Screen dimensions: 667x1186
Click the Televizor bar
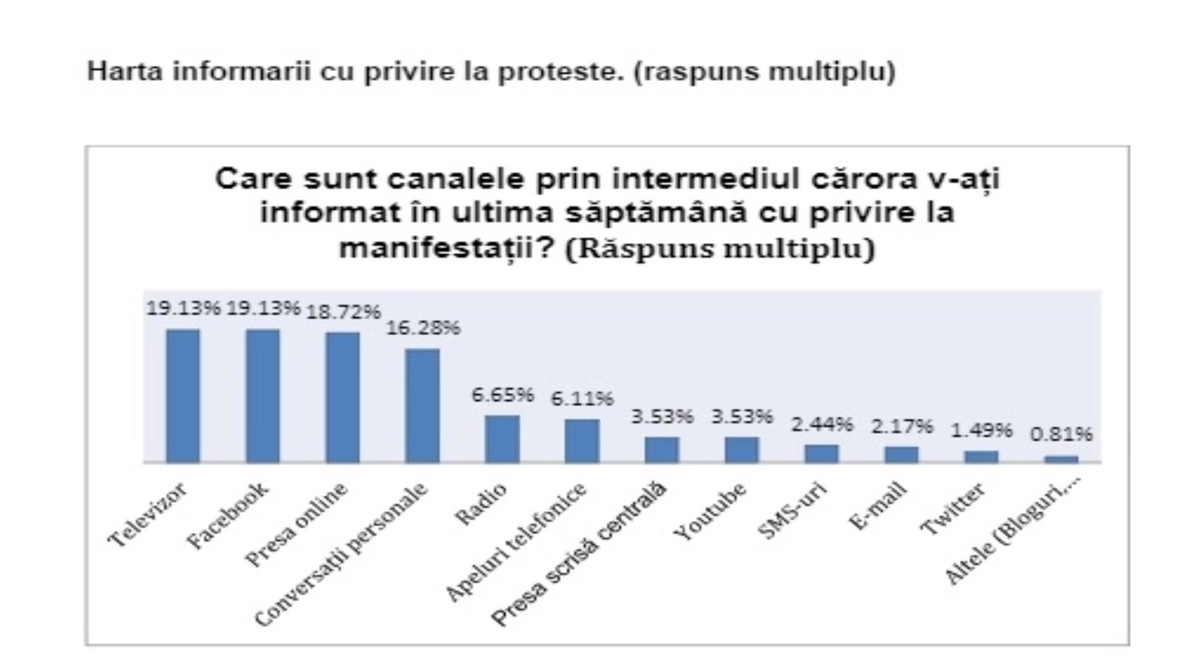click(x=182, y=396)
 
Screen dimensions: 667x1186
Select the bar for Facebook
click(x=262, y=396)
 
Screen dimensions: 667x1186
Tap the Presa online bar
click(x=342, y=397)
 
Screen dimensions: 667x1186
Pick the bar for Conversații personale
click(x=423, y=405)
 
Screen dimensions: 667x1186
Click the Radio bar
click(x=502, y=439)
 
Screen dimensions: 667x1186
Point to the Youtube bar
click(x=742, y=450)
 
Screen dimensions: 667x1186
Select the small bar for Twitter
click(x=981, y=457)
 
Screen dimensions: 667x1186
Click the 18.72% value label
click(x=343, y=312)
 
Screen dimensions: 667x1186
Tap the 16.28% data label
click(x=423, y=328)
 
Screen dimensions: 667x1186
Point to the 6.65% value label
click(x=503, y=394)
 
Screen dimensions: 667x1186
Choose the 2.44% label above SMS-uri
click(x=822, y=425)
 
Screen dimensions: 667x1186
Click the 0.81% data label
click(x=1061, y=434)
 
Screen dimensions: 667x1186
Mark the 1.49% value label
click(x=981, y=430)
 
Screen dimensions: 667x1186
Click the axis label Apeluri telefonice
click(x=517, y=540)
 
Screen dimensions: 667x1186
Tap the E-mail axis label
click(x=878, y=505)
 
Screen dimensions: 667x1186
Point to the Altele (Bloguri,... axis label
click(x=1013, y=528)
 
